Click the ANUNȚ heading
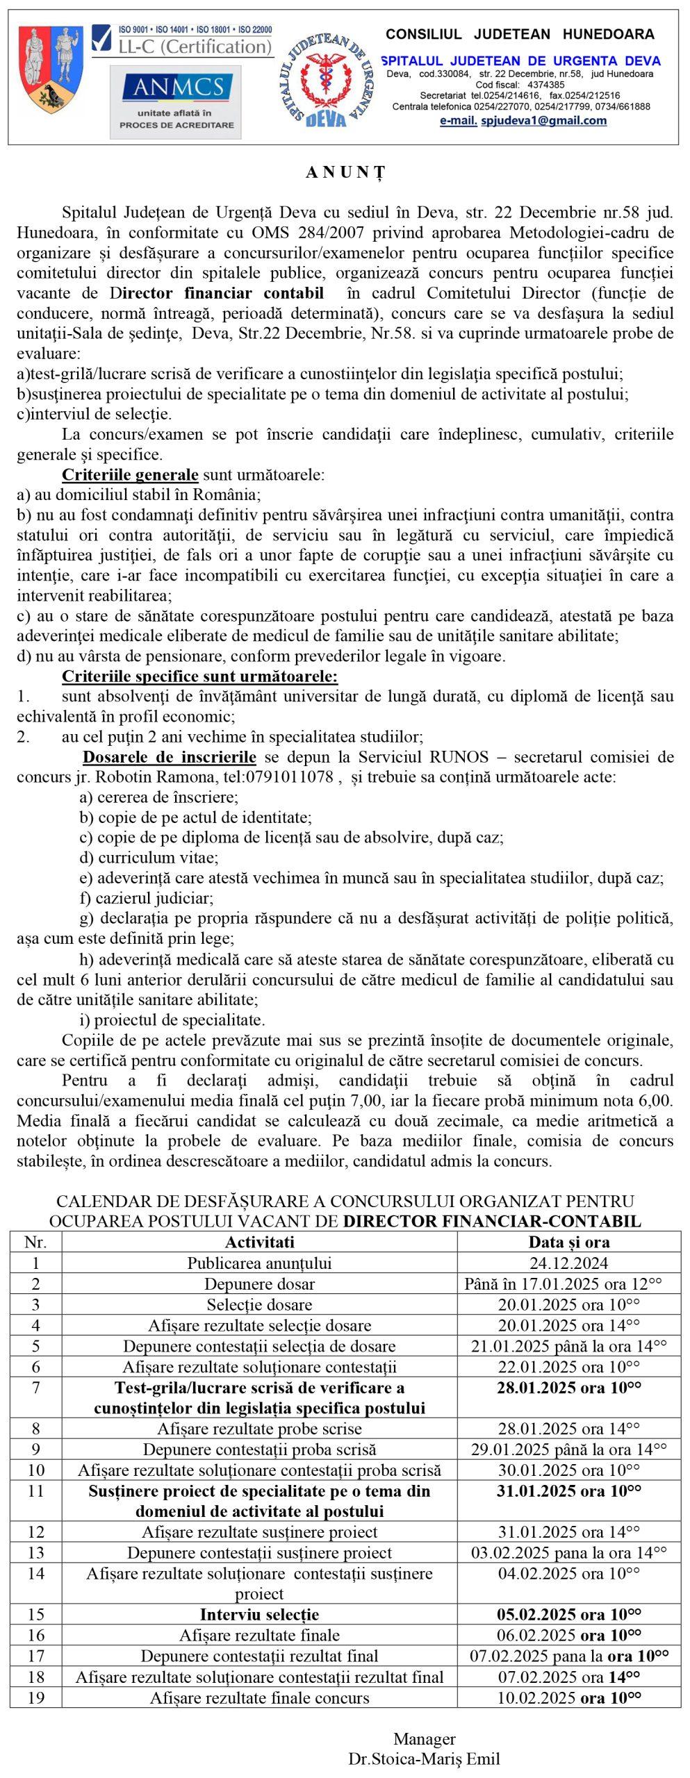345,174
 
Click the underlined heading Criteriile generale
130,476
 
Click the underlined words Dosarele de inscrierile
170,756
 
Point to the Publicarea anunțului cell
259,1263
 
